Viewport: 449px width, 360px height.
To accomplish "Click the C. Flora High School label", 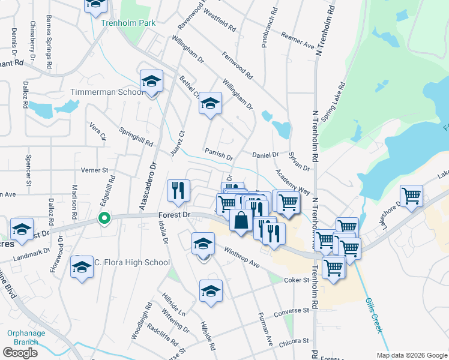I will (x=131, y=262).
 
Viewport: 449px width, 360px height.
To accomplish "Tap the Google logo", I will (x=20, y=352).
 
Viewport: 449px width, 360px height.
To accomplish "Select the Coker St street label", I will (x=296, y=280).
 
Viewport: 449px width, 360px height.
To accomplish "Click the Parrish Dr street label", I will (x=218, y=154).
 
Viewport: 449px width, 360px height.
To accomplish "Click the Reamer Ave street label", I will (x=298, y=41).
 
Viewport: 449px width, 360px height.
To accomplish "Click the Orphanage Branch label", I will (x=23, y=338).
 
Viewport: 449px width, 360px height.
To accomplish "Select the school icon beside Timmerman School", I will (x=152, y=82).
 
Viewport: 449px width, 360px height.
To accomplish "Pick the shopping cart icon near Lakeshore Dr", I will (x=411, y=196).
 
